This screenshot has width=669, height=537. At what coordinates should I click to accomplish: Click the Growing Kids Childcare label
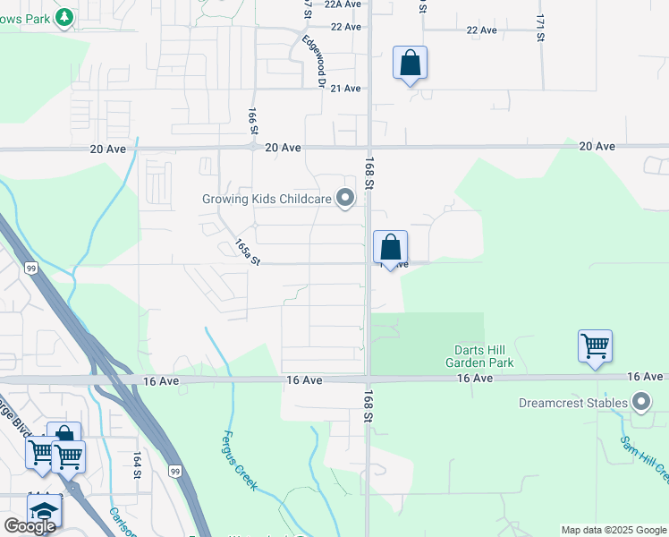click(x=266, y=198)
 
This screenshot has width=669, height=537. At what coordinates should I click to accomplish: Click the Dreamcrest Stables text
click(x=572, y=403)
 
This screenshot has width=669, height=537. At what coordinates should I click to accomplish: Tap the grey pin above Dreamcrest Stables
click(x=640, y=402)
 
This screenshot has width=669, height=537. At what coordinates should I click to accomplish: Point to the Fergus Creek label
click(x=239, y=460)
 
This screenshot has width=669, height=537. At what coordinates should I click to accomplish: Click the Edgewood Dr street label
click(x=313, y=62)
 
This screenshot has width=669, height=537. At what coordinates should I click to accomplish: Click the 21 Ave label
click(x=345, y=89)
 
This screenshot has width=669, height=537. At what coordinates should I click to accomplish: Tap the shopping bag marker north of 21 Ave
click(x=410, y=64)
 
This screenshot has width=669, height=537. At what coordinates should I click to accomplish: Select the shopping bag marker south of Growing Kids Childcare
click(x=390, y=248)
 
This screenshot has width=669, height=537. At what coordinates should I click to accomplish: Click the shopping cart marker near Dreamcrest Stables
click(x=595, y=346)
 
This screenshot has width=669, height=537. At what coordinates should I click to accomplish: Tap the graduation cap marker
click(x=43, y=511)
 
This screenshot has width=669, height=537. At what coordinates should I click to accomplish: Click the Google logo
click(x=30, y=526)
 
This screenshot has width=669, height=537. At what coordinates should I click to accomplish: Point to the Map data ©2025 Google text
click(x=614, y=530)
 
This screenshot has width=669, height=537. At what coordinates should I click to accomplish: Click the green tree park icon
click(x=64, y=17)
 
